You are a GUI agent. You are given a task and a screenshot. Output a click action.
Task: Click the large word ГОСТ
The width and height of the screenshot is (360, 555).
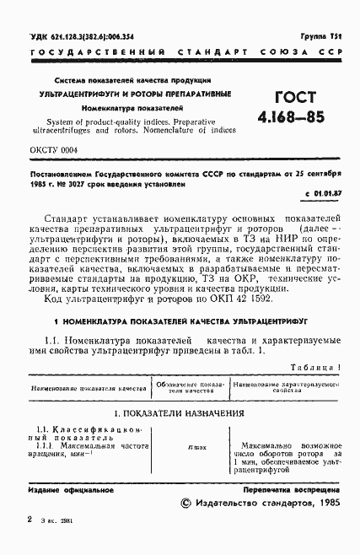pos(282,97)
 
